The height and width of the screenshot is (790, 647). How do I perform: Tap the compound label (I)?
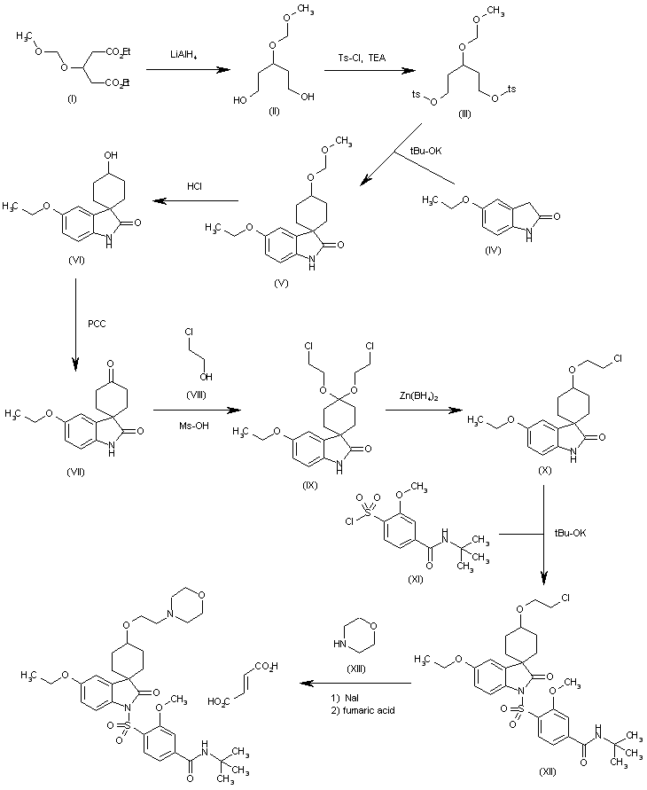pyautogui.click(x=71, y=98)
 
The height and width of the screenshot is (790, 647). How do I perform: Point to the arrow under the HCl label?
pyautogui.click(x=196, y=201)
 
